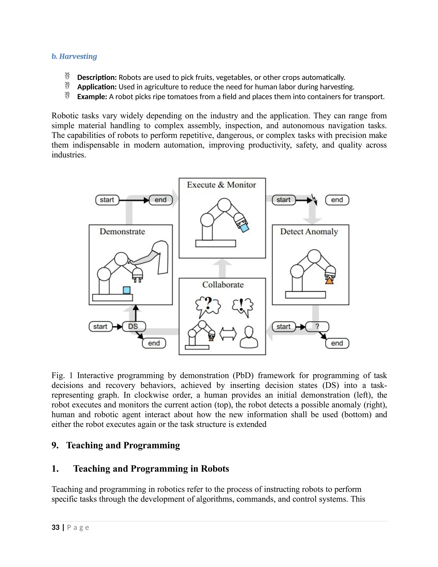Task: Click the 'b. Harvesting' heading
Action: pos(74,56)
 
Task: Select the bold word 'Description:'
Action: pos(97,77)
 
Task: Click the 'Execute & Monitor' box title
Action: pos(221,185)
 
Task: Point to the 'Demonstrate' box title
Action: pos(122,232)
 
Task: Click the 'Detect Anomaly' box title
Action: pos(309,232)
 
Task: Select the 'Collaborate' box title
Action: pos(223,285)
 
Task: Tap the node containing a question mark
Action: pos(317,326)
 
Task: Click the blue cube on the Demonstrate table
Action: pos(127,290)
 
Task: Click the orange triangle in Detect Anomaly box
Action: pos(329,281)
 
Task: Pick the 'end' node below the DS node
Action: pos(154,343)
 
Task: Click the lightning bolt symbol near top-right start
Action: pos(315,200)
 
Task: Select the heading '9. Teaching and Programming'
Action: pos(116,445)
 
